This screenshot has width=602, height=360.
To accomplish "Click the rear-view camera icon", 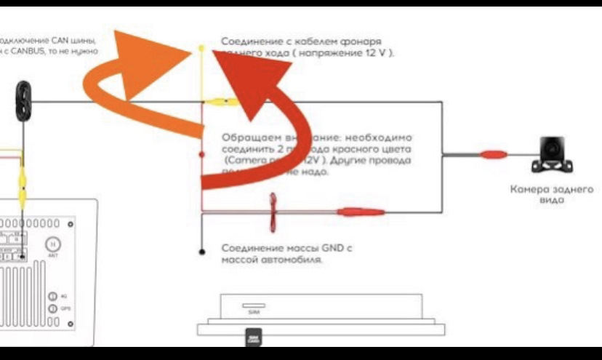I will [x=551, y=155].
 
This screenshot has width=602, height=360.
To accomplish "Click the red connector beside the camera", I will [x=493, y=154].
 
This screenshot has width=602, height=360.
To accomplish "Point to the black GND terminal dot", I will [x=201, y=252].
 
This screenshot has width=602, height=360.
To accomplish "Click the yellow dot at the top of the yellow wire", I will [x=201, y=48].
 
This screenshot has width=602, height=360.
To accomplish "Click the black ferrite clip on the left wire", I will [x=25, y=100].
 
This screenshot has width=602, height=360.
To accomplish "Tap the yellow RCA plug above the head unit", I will [x=24, y=177].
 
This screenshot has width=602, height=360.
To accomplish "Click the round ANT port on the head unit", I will [x=53, y=244].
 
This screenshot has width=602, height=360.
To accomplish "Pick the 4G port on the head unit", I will [x=53, y=296].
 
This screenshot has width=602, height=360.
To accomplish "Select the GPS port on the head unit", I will [x=53, y=308].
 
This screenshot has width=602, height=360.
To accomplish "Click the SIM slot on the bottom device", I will [x=254, y=305].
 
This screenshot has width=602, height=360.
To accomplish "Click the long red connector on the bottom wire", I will [x=360, y=212].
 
